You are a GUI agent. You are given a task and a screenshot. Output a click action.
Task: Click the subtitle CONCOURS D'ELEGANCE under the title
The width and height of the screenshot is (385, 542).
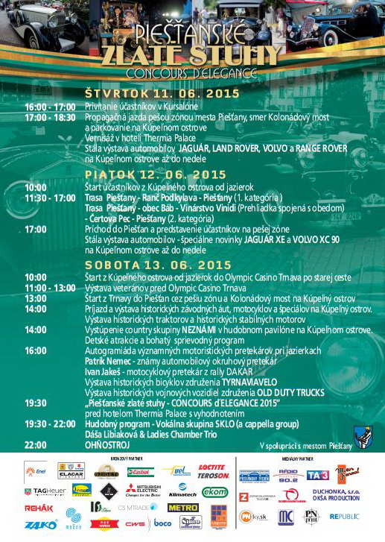(191, 74)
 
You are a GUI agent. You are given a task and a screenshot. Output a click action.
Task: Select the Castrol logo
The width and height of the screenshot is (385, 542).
(140, 472)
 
